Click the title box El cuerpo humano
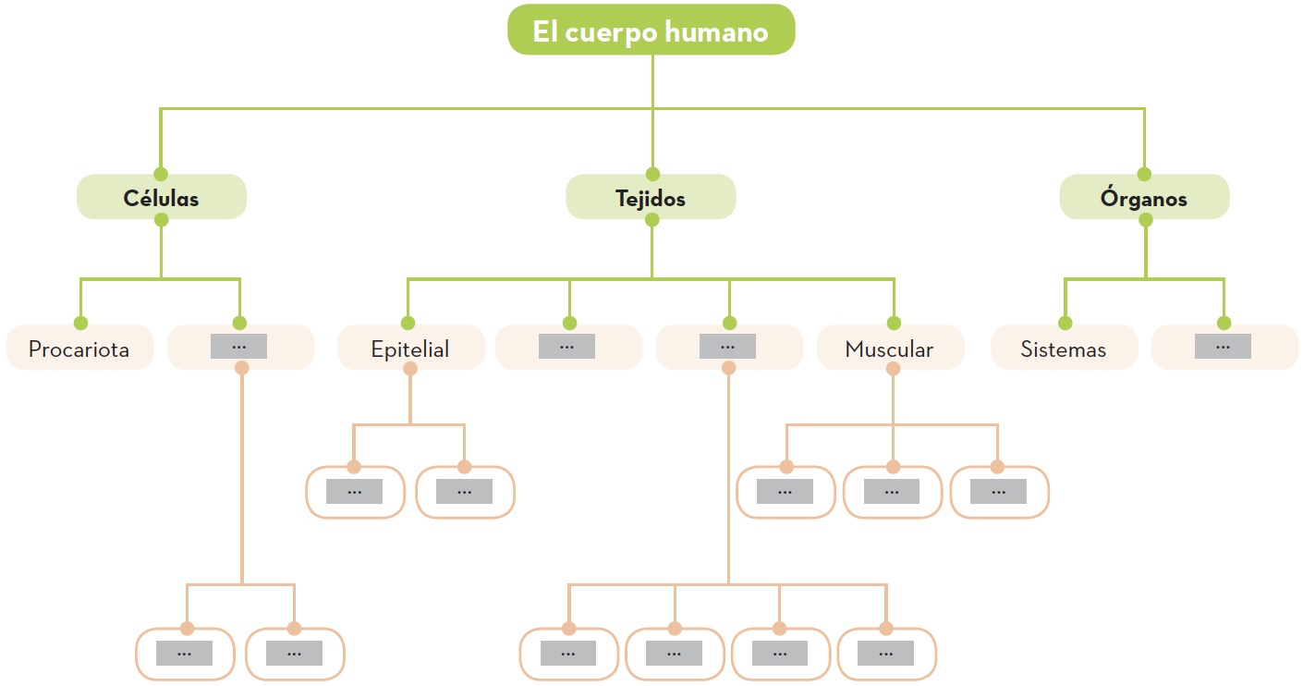(651, 31)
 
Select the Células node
(161, 197)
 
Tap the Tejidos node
(651, 197)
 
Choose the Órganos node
(1143, 197)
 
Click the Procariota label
(79, 349)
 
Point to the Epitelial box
(410, 349)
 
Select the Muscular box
(889, 349)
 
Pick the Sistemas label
(1063, 349)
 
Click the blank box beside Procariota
(239, 347)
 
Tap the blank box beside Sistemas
(1223, 347)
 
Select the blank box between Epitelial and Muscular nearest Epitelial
(567, 347)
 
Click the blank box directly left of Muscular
(728, 347)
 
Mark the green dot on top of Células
(161, 174)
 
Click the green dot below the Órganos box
(1146, 220)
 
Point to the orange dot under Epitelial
(410, 368)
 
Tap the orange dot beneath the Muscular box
(893, 368)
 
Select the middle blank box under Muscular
(892, 492)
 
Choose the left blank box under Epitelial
(355, 492)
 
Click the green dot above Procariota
(80, 323)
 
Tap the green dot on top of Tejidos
(652, 174)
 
